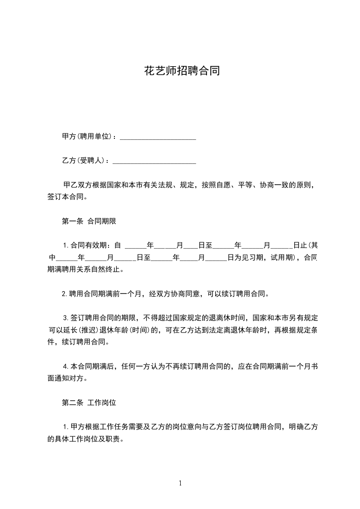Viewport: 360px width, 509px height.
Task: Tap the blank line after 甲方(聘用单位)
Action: (x=158, y=137)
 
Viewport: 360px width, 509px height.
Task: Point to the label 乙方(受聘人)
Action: (x=84, y=161)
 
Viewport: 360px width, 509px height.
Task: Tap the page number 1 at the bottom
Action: (x=180, y=483)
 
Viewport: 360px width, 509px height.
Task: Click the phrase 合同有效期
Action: (x=88, y=246)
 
